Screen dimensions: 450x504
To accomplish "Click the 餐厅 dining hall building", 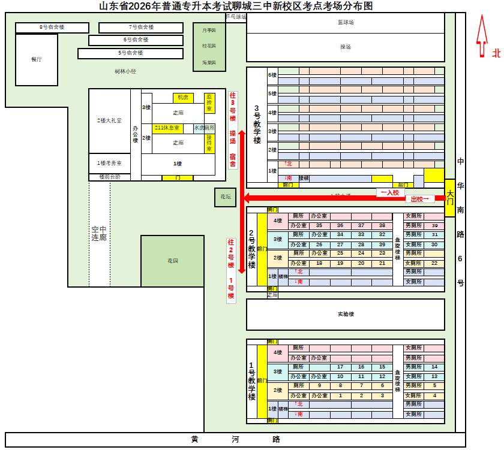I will [x=37, y=60].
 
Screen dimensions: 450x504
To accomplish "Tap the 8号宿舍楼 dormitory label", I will [x=52, y=28].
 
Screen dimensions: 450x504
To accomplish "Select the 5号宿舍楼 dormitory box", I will [x=130, y=53].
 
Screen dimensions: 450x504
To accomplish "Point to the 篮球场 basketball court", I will [x=346, y=22].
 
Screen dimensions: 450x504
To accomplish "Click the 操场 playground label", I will [x=346, y=47].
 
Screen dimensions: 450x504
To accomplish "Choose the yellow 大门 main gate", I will [x=450, y=198].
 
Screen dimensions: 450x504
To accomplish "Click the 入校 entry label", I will [x=390, y=192].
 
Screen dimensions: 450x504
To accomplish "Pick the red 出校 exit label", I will [x=420, y=199].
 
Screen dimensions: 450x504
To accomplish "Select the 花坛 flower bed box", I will [x=226, y=197].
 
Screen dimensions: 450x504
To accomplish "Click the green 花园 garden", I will [x=173, y=261].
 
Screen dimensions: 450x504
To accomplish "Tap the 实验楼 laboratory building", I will [x=346, y=314].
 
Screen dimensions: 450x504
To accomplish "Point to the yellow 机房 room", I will [x=183, y=97].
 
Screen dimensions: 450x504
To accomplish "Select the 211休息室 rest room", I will [x=168, y=128].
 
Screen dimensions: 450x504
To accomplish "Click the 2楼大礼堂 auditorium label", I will [x=110, y=120].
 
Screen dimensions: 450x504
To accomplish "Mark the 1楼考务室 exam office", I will [x=110, y=163].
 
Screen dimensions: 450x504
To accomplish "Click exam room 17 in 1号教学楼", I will [x=340, y=367].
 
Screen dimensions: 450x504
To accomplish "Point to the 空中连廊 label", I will [x=99, y=234].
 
